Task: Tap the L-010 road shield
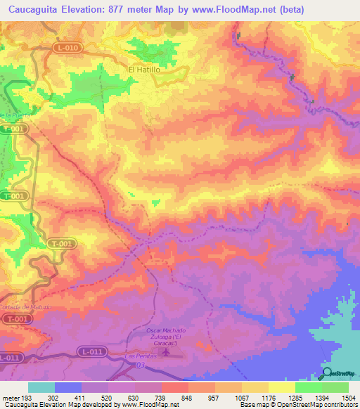67,47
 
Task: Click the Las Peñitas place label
138,356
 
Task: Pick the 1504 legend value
348,397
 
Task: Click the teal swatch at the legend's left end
41,387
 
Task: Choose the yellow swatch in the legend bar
282,387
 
